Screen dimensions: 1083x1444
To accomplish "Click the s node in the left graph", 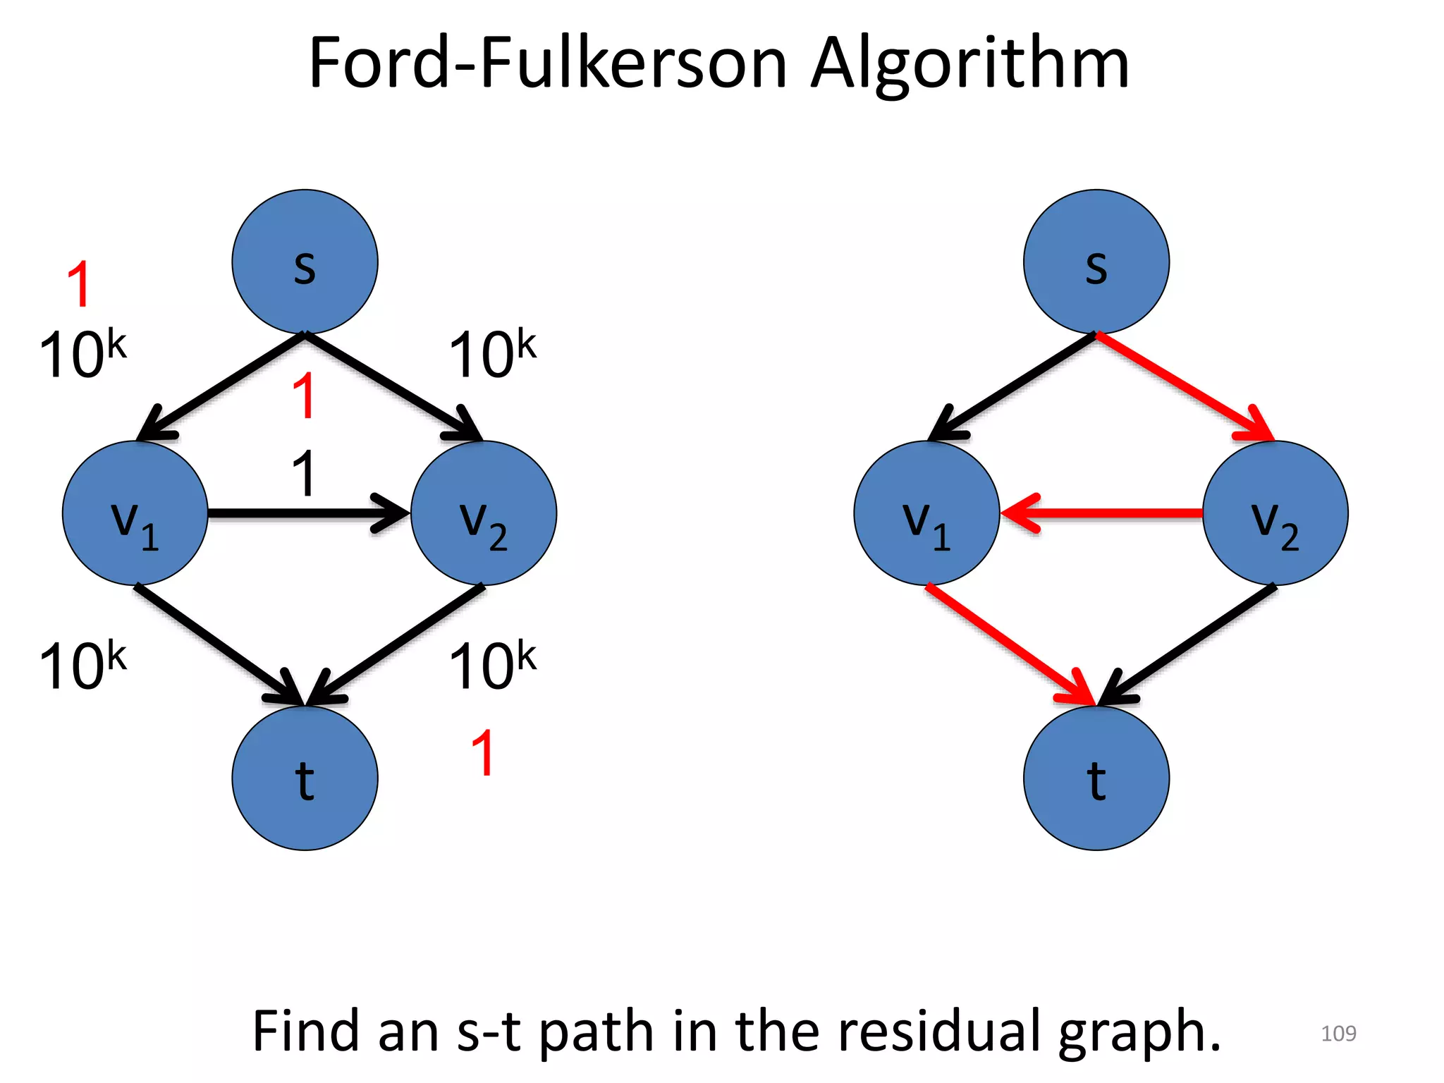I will [305, 262].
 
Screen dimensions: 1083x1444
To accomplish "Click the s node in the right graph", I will [1096, 262].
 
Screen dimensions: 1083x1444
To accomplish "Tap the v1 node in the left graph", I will [135, 513].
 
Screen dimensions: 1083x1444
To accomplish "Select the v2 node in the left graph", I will [484, 513].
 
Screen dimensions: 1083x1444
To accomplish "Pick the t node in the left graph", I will [305, 778].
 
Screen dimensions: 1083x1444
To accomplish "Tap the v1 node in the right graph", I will [926, 513].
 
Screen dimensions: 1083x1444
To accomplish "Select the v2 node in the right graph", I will [1275, 513].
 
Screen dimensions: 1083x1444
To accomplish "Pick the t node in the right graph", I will [1096, 778].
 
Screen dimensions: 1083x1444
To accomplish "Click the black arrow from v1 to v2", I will [303, 513].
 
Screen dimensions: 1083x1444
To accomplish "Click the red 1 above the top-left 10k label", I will [79, 283].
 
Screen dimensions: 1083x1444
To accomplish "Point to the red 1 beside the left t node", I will [483, 753].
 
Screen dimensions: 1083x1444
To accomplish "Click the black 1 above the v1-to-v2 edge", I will [304, 473].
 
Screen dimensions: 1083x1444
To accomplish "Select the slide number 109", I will [1338, 1034].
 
